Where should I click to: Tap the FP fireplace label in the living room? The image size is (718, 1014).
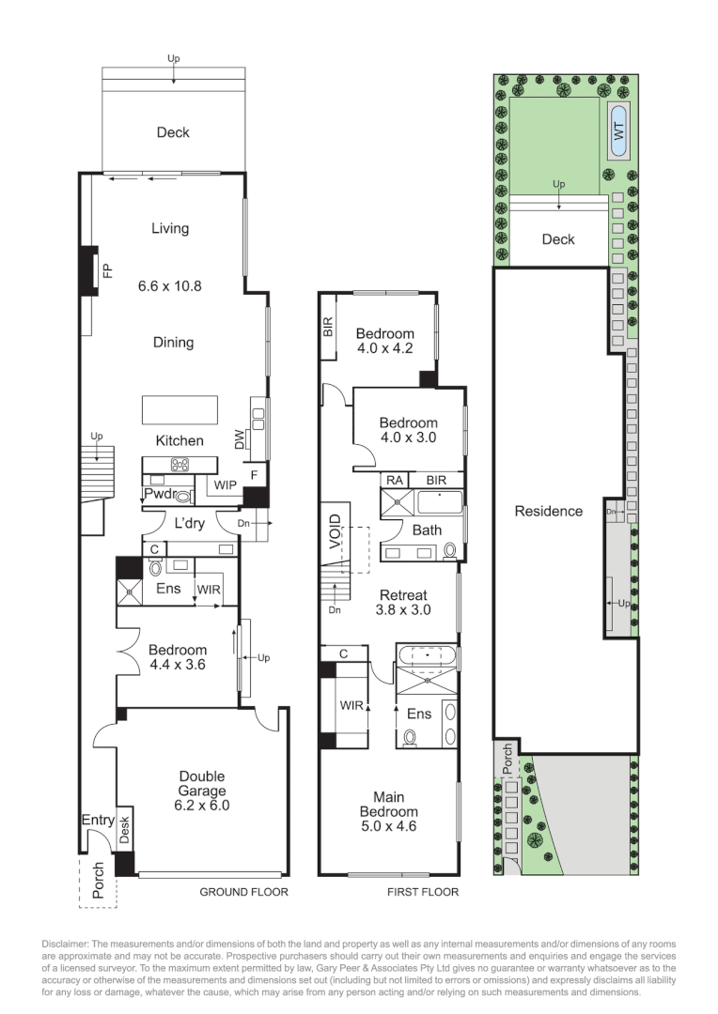click(x=107, y=271)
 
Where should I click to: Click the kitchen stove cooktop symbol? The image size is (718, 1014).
click(x=179, y=464)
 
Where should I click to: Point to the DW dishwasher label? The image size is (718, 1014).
click(x=239, y=438)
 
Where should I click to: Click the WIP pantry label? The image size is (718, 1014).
click(x=225, y=485)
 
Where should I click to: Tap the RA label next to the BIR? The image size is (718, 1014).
click(x=394, y=480)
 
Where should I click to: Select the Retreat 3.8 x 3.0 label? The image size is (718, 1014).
click(x=403, y=602)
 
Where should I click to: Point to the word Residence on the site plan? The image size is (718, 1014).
click(x=548, y=512)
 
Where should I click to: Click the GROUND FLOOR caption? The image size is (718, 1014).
click(x=243, y=892)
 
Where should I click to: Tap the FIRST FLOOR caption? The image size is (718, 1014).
click(x=423, y=892)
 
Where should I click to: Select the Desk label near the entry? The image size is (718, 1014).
click(x=123, y=826)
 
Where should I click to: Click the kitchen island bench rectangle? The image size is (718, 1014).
click(x=179, y=410)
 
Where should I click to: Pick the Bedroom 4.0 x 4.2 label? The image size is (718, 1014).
click(x=385, y=341)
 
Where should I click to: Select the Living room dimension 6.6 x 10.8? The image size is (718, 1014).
click(x=170, y=285)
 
